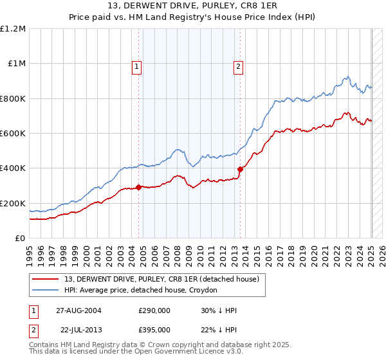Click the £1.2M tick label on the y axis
[x=13, y=29]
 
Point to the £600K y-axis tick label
[x=13, y=134]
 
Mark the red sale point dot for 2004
[x=139, y=188]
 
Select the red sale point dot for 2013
[x=240, y=170]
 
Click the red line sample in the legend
[x=46, y=279]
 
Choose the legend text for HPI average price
[x=140, y=291]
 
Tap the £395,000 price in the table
[x=154, y=330]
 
